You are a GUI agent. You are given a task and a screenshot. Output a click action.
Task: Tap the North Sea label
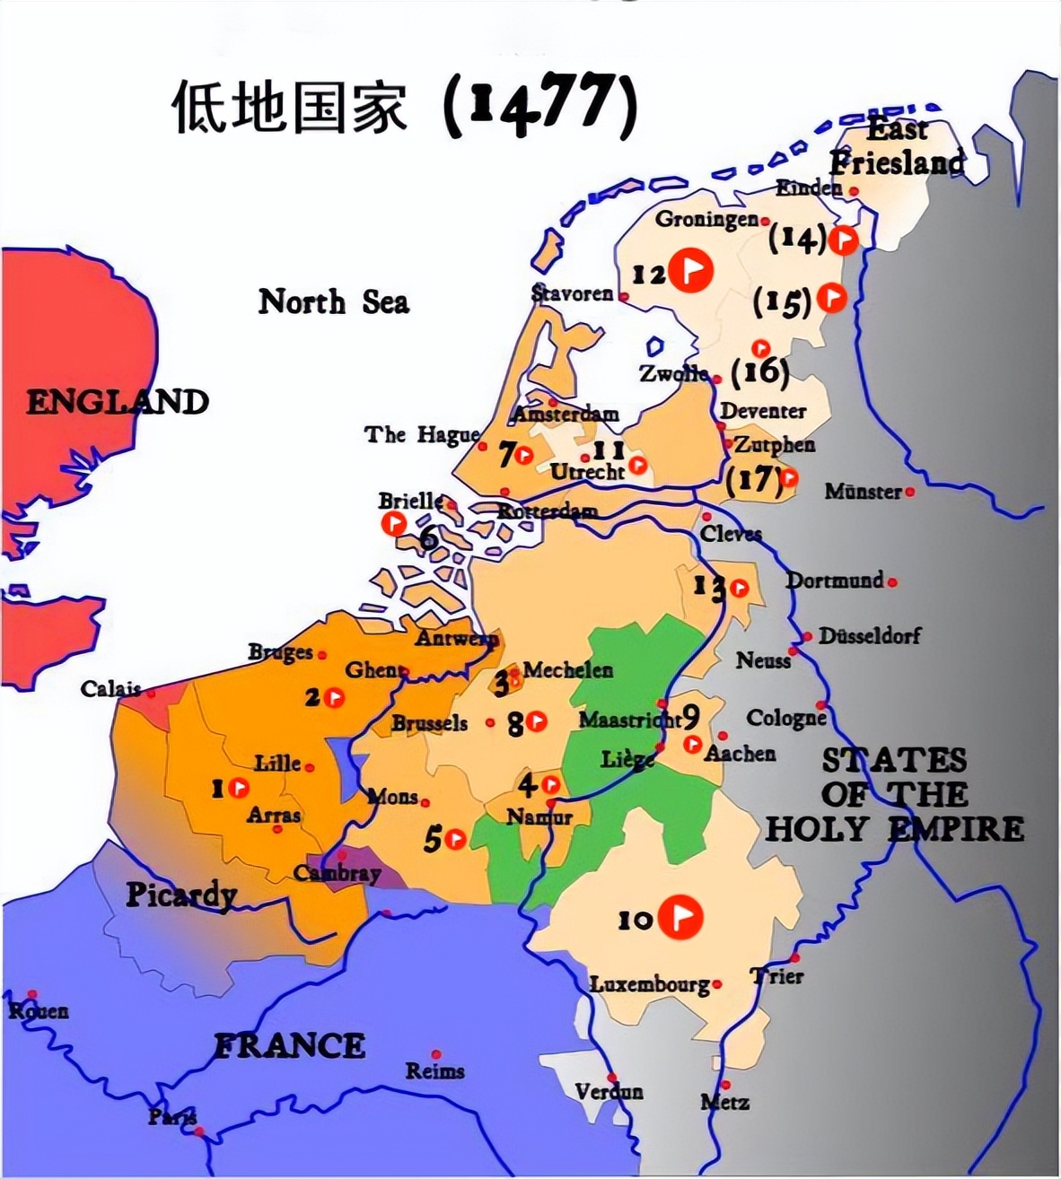point(333,302)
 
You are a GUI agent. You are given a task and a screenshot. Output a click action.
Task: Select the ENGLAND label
point(118,402)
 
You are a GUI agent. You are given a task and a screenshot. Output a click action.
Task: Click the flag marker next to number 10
point(680,917)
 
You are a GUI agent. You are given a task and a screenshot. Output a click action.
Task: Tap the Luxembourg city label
point(649,984)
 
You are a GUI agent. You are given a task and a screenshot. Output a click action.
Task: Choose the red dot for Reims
point(436,1054)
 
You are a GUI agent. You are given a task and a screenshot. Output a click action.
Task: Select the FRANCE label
point(289,1046)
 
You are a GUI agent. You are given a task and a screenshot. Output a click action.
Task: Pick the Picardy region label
point(180,895)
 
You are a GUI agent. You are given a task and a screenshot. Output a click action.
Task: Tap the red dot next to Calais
point(151,693)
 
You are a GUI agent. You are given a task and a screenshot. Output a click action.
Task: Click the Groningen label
point(706,219)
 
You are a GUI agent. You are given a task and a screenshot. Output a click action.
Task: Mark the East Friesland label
point(896,147)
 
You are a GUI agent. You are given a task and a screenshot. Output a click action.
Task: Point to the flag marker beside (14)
point(843,240)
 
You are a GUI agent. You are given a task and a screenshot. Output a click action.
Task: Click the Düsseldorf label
point(869,636)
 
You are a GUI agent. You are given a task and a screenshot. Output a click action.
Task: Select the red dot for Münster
point(910,492)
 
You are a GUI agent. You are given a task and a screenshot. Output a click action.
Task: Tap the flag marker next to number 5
point(456,839)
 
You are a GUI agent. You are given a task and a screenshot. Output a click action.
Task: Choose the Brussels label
point(429,723)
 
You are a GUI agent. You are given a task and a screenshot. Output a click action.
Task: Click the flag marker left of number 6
point(394,523)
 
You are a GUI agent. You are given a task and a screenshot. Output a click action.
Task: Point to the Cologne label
point(785,719)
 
